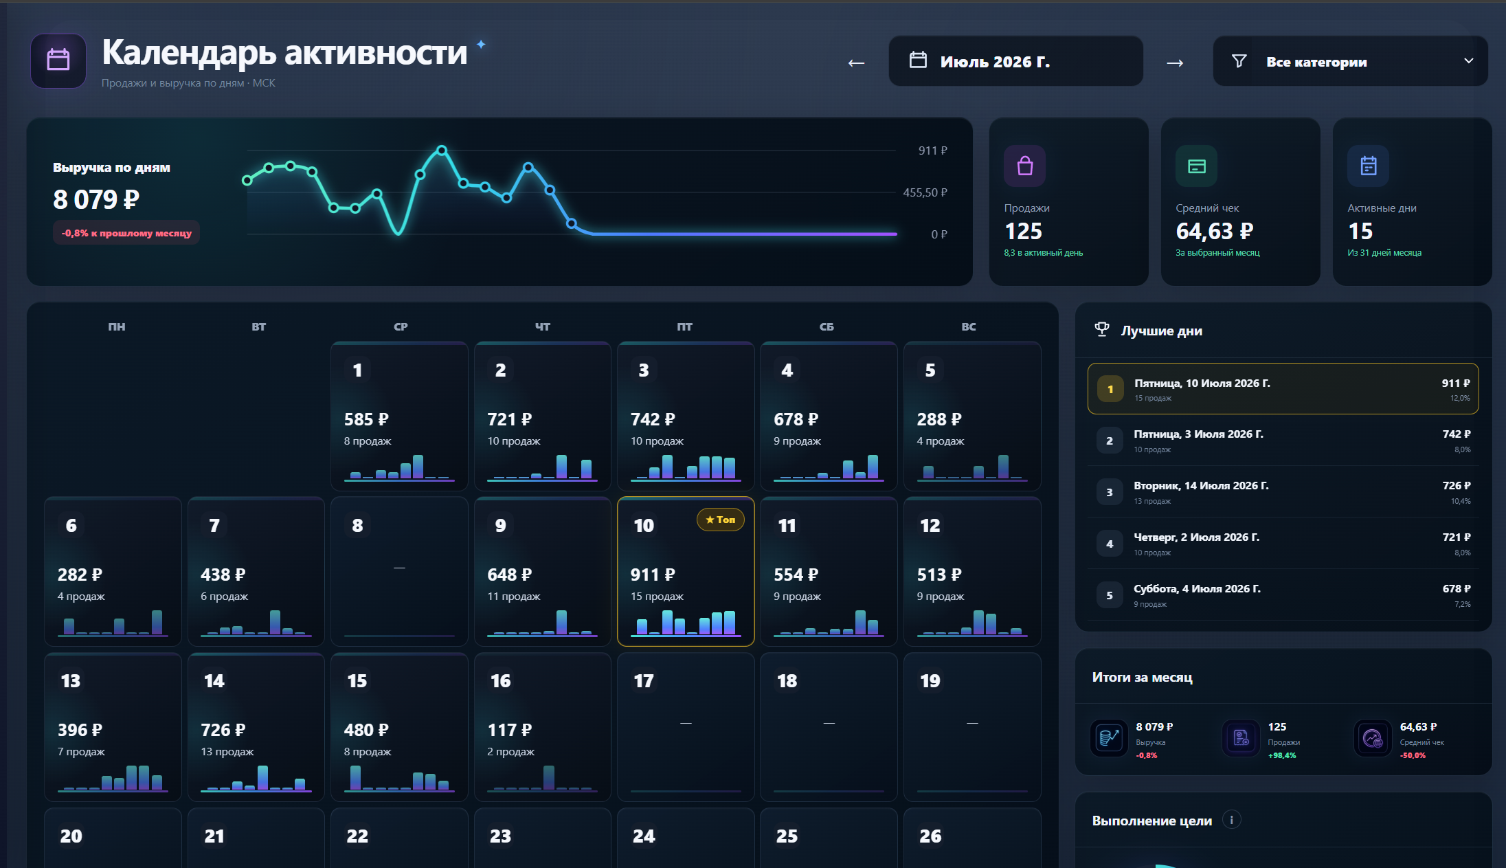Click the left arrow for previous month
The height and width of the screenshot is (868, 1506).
click(x=856, y=63)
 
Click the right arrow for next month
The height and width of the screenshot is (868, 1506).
click(x=1175, y=63)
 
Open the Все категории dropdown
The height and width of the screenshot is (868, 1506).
click(x=1350, y=61)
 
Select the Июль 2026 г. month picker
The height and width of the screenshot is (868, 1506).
click(x=1015, y=61)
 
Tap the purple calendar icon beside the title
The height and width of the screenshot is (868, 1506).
click(x=58, y=60)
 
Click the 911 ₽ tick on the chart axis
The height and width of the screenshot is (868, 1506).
click(x=932, y=151)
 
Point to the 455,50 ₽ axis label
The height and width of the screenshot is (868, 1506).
click(x=925, y=192)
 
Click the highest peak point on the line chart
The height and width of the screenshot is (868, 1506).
click(x=442, y=150)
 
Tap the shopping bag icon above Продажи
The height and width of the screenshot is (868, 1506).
click(x=1024, y=166)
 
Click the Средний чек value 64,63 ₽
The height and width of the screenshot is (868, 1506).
click(x=1214, y=232)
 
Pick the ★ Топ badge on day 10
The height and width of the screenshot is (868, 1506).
click(x=720, y=520)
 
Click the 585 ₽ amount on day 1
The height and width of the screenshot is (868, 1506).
click(x=366, y=419)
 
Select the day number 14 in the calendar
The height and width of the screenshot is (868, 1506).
click(x=214, y=681)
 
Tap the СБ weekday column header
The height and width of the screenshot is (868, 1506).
click(x=827, y=326)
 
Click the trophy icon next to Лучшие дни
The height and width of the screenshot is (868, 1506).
click(x=1102, y=330)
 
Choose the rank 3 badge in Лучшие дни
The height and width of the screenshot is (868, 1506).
click(x=1110, y=492)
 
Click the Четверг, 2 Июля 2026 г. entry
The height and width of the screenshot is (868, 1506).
click(x=1196, y=537)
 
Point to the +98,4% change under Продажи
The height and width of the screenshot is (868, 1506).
click(x=1281, y=755)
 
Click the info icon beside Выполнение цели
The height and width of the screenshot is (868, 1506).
click(x=1231, y=820)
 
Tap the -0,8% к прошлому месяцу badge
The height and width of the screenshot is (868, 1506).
click(x=126, y=233)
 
